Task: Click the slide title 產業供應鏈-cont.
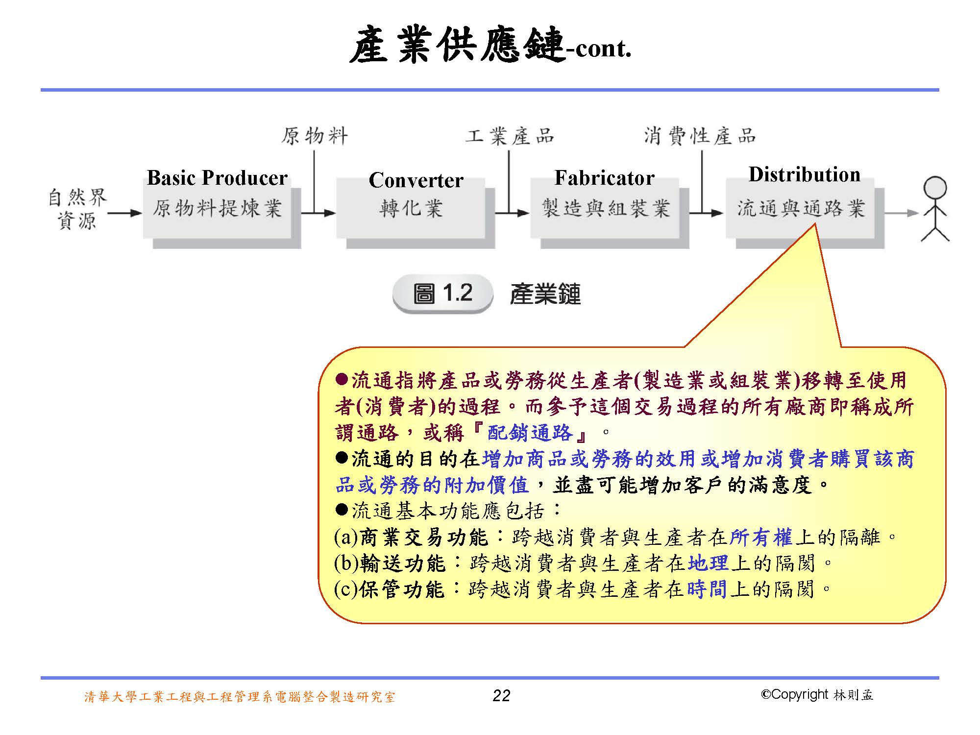490,47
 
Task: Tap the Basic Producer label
217,178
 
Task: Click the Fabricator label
604,178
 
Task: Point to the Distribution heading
804,175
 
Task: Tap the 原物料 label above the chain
314,136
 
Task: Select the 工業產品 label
509,136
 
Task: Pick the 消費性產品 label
700,136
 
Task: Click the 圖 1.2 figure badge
442,294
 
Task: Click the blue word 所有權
760,538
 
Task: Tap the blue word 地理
708,563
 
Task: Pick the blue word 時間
706,589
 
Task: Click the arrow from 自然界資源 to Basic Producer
124,213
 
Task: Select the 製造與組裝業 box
605,209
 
